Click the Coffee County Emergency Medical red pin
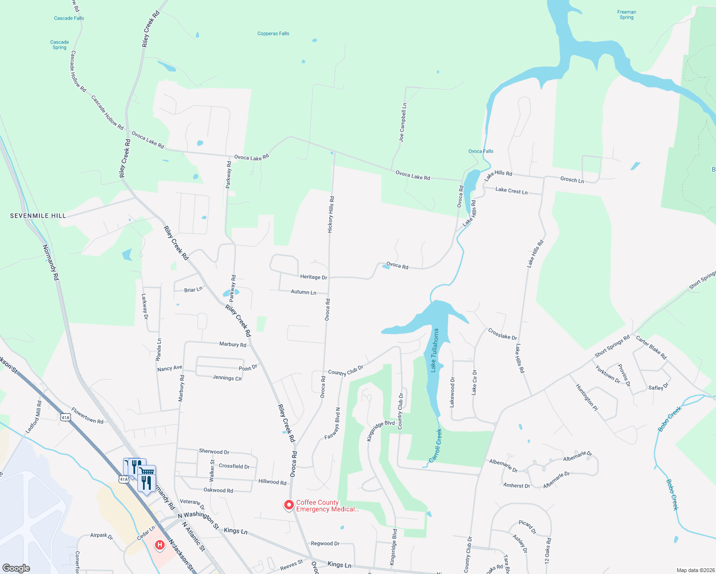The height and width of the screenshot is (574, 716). click(289, 505)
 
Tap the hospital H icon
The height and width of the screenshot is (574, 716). click(159, 545)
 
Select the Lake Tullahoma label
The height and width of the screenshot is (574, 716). click(435, 350)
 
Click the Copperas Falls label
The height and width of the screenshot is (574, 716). click(273, 33)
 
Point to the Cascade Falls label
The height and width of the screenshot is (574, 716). click(69, 18)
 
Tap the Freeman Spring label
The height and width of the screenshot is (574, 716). click(626, 15)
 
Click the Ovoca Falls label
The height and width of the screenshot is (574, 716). click(481, 151)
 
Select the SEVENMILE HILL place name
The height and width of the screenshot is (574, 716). click(38, 216)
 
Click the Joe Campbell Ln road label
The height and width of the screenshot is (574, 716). click(403, 122)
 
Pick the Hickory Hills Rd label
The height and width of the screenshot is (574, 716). click(331, 214)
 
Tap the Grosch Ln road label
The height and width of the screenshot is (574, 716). click(572, 180)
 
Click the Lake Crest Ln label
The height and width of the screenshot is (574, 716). click(511, 191)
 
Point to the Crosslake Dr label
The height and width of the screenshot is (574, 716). click(503, 334)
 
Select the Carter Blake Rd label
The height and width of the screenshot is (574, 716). click(651, 347)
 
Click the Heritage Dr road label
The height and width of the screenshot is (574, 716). click(313, 277)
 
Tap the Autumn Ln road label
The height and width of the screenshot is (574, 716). click(303, 292)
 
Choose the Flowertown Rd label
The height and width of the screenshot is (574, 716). click(87, 415)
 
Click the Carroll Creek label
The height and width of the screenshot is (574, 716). click(436, 445)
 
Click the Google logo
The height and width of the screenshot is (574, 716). click(16, 568)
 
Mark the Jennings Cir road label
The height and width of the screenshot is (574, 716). click(227, 378)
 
